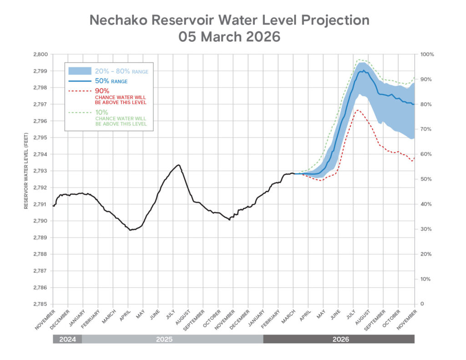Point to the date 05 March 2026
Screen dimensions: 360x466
(x=229, y=37)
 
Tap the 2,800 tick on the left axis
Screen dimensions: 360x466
(x=41, y=54)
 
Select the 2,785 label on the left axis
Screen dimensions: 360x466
(x=41, y=304)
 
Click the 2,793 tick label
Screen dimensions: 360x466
(x=41, y=171)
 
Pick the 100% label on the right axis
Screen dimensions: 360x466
(x=427, y=54)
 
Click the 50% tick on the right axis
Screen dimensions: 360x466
(x=426, y=179)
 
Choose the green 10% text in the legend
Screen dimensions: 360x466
(x=101, y=112)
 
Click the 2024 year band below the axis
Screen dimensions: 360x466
(x=67, y=339)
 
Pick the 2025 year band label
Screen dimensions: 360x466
(x=172, y=339)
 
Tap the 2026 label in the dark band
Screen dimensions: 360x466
(x=339, y=339)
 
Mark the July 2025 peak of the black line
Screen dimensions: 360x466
(x=178, y=165)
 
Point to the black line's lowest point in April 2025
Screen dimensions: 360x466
(x=130, y=230)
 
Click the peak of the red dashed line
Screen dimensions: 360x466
(x=358, y=110)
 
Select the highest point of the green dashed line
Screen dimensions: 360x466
(x=360, y=60)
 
